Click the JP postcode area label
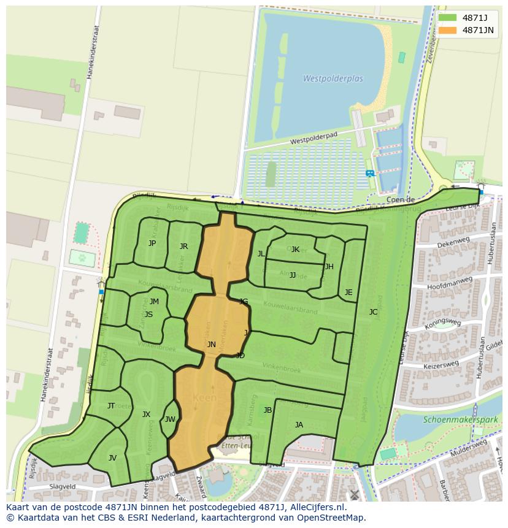click(x=152, y=243)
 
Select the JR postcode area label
click(x=183, y=247)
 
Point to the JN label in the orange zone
click(x=211, y=345)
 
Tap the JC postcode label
click(x=373, y=312)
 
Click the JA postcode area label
click(x=299, y=425)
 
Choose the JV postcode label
click(x=112, y=458)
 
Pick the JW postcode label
click(x=170, y=420)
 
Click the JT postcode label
click(x=111, y=406)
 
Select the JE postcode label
click(x=348, y=293)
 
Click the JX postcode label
click(x=146, y=415)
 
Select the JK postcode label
click(x=295, y=250)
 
